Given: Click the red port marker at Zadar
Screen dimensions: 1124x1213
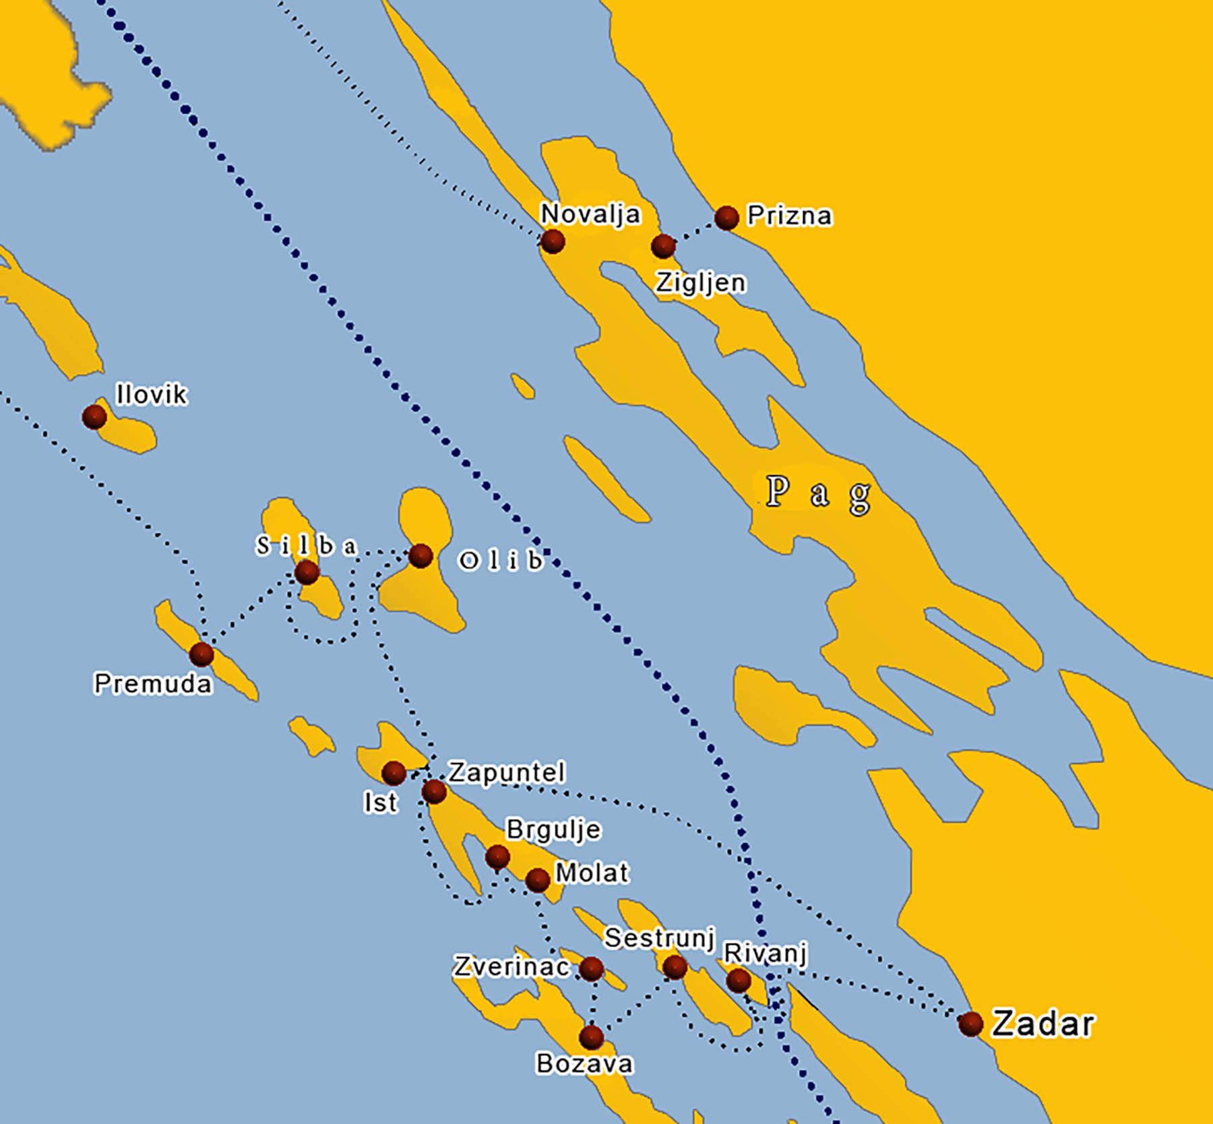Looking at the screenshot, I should [x=970, y=1024].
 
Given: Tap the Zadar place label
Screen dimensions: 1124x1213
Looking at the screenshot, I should [x=1043, y=1024].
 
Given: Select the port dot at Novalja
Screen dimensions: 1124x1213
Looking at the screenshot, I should [x=553, y=241].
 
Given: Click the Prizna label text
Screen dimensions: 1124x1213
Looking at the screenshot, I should [x=790, y=216].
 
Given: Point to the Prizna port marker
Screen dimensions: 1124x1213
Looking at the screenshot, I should [x=726, y=217].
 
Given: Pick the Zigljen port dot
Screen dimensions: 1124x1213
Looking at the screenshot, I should [x=663, y=246].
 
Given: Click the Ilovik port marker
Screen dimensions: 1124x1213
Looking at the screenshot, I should [x=94, y=417].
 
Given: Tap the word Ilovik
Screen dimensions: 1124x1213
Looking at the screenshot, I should [x=151, y=395].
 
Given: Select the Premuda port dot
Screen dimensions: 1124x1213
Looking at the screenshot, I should [x=201, y=654].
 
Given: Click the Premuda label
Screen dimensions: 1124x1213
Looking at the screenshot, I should [x=153, y=684].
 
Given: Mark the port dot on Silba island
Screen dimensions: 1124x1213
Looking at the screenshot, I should [x=307, y=573].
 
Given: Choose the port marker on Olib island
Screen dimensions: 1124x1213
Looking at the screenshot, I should [x=421, y=555].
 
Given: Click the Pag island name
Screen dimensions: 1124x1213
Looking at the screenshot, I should [x=818, y=494].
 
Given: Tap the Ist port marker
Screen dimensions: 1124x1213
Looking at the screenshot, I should [x=394, y=772].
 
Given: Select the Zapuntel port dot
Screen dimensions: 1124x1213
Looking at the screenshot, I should [x=434, y=791].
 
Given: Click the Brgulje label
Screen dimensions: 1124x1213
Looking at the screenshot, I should [x=553, y=830].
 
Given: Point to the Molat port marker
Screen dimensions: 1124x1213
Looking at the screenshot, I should [x=537, y=879].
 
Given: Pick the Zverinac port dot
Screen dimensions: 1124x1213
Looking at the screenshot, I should [x=592, y=968].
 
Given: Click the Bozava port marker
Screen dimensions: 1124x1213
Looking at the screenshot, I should [x=591, y=1037].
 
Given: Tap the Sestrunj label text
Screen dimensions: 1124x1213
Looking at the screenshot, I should [x=658, y=937].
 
